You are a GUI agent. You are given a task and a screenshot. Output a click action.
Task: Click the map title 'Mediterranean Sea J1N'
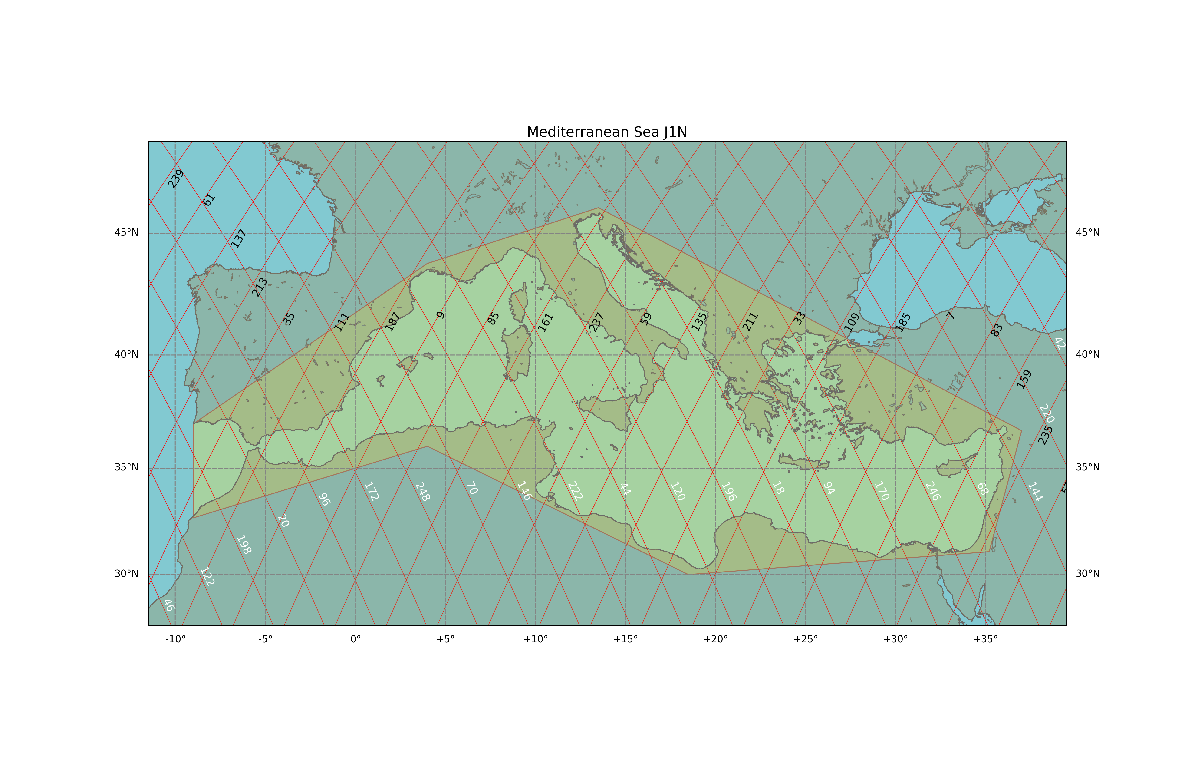607,132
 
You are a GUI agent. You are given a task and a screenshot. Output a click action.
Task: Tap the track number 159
1024,380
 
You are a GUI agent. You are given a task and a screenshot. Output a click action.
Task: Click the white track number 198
244,544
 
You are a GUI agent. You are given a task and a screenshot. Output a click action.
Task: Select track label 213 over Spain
259,287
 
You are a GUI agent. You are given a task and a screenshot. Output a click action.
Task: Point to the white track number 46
169,605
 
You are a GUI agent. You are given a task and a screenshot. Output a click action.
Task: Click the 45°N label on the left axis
126,233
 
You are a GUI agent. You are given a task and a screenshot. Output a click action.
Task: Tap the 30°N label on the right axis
1087,574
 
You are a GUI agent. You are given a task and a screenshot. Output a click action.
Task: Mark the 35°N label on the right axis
1087,467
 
